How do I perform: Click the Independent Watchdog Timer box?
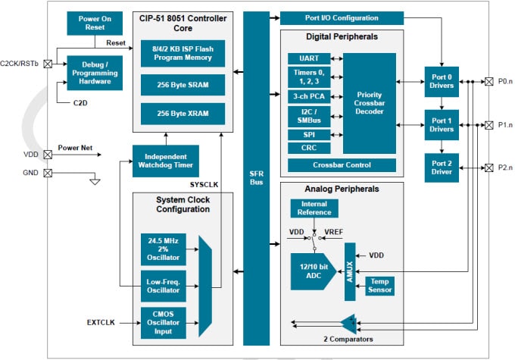pos(164,160)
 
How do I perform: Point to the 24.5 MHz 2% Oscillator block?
pos(163,249)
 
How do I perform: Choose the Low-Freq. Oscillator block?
pos(163,286)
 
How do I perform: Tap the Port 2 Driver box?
pos(441,167)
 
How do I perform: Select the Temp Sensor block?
pos(379,285)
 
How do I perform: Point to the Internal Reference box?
pos(314,208)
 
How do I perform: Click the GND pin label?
pos(30,172)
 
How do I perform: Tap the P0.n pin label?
pos(504,81)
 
